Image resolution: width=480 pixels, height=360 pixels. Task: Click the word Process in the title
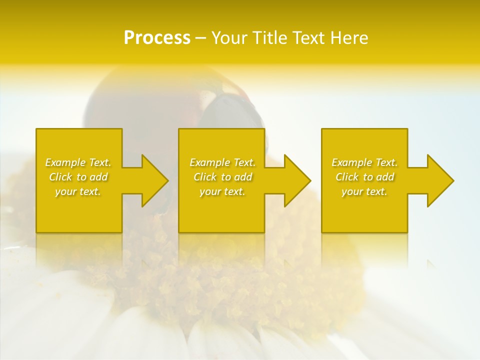[x=157, y=37]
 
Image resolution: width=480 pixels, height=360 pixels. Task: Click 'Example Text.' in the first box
[x=78, y=162]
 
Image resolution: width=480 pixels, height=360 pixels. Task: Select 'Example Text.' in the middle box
[x=222, y=162]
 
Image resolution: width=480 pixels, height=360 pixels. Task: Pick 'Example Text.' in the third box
[x=364, y=162]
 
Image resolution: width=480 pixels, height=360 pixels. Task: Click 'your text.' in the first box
[x=78, y=191]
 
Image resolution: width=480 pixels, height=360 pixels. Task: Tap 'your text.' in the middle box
[x=222, y=191]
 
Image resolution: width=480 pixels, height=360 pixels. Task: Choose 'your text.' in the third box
[x=364, y=191]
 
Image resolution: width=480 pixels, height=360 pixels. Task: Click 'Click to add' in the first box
[x=78, y=177]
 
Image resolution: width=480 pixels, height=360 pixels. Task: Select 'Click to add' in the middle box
[x=222, y=177]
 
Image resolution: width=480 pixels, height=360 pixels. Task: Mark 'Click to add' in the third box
[x=364, y=177]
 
